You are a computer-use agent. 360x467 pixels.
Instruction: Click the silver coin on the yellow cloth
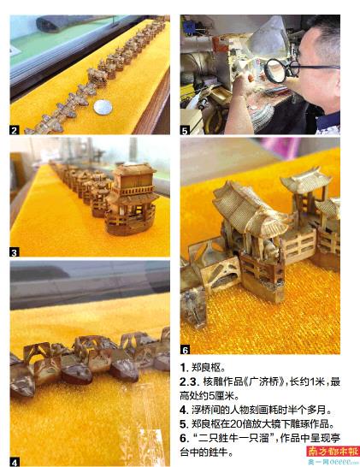(x=103, y=107)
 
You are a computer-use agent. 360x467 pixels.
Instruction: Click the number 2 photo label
(x=15, y=130)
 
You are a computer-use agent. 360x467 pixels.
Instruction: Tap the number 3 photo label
(x=15, y=252)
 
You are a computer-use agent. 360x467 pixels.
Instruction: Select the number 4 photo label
(x=15, y=462)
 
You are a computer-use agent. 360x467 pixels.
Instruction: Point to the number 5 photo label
(x=185, y=130)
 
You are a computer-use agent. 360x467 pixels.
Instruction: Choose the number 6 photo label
(x=185, y=350)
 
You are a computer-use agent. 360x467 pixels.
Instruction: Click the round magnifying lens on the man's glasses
(x=275, y=70)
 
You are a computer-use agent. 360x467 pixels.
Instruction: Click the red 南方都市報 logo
(x=333, y=451)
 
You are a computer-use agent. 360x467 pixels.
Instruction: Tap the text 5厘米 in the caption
(x=221, y=396)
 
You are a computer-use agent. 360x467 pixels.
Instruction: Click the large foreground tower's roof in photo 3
(x=135, y=169)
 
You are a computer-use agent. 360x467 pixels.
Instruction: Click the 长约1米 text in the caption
(x=307, y=381)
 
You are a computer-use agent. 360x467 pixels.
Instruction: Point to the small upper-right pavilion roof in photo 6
(x=305, y=180)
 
